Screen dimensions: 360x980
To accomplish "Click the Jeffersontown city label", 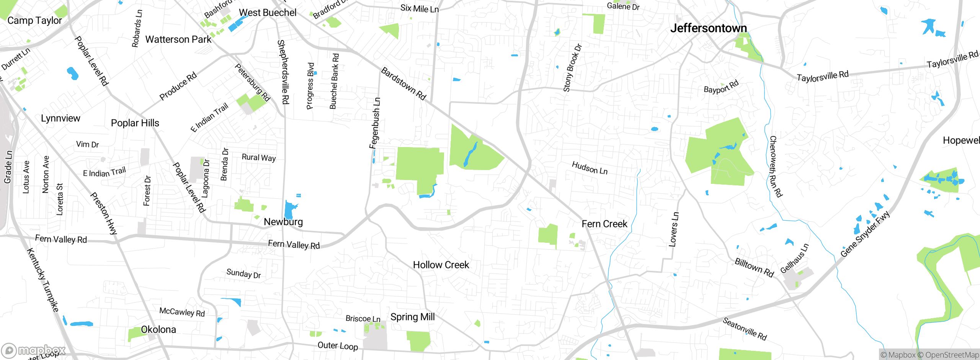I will click(708, 28).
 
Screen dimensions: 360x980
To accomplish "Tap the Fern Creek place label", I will click(604, 224).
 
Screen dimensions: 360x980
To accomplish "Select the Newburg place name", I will click(283, 222).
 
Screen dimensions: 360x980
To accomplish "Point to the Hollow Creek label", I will click(441, 265).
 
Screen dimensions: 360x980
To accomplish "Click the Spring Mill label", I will click(412, 317).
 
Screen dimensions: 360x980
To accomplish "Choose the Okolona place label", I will click(158, 330).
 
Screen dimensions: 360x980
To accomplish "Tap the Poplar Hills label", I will click(135, 123).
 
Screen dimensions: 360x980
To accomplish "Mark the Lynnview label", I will click(60, 118).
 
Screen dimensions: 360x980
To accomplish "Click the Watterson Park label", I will click(178, 39).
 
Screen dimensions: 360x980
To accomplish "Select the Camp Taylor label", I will click(34, 21).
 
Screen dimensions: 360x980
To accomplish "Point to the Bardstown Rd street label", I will click(403, 84).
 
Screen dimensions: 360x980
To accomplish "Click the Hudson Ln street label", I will click(590, 168).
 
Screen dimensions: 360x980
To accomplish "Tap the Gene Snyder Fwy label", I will click(865, 234).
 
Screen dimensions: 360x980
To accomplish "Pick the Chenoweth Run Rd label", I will click(776, 166).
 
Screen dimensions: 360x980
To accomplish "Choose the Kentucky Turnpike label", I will click(43, 280).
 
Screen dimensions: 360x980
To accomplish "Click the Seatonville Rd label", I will click(745, 329).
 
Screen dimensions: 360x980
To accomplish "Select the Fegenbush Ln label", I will click(375, 123).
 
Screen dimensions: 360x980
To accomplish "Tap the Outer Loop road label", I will click(338, 346).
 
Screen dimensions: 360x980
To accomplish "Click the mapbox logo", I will click(33, 350).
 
